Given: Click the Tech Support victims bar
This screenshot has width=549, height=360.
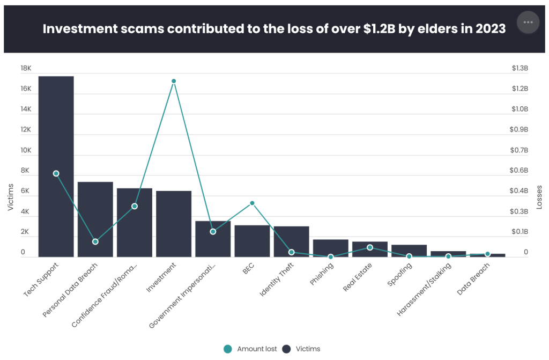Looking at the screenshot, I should coord(56,166).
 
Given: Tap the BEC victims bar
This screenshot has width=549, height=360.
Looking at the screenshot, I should coord(252,241).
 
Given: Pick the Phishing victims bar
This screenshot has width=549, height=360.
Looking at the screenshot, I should coord(331,248).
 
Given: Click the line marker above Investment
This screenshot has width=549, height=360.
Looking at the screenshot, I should coord(174,81).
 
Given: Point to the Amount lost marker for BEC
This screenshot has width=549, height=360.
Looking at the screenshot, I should coord(252,203).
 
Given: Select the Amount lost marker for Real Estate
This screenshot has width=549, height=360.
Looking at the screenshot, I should coord(370,247).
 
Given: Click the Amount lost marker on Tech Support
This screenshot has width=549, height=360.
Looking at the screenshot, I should coord(56,173).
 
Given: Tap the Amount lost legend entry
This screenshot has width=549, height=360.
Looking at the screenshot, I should coord(251,349).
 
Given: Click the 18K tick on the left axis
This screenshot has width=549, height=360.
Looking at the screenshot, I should coord(26,69).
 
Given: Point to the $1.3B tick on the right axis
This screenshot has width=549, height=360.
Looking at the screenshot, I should coord(519,69).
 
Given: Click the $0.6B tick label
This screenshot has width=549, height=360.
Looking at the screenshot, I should coord(519,171).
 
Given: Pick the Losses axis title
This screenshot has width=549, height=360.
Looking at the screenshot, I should coord(539,197).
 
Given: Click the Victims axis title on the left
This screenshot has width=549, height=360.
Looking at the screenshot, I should coord(11,197).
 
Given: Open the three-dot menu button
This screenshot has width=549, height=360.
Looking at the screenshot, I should coord(528,22).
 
